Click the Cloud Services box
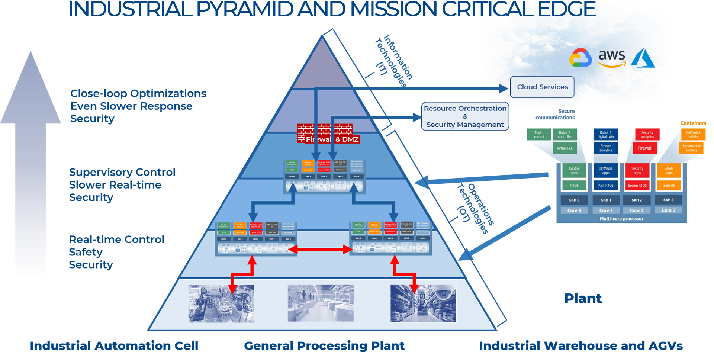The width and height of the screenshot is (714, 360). tap(542, 87)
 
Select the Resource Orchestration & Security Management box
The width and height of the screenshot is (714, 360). tap(465, 116)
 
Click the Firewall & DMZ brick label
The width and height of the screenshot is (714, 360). tap(328, 139)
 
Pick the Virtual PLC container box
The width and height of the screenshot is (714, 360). tap(565, 148)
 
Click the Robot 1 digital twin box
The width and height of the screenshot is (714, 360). tap(606, 135)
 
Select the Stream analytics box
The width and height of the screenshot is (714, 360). tap(606, 148)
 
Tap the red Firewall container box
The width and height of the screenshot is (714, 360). tap(645, 148)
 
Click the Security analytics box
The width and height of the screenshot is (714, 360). tap(647, 135)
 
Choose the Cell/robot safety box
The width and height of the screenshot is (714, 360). tap(693, 135)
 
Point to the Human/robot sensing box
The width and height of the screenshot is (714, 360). tap(691, 148)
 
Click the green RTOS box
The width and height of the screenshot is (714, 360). tap(574, 185)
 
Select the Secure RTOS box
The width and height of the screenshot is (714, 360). tap(637, 185)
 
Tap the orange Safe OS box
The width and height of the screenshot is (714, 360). tap(669, 185)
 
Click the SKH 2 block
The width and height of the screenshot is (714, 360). tap(637, 200)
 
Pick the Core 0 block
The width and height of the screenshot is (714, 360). tap(574, 210)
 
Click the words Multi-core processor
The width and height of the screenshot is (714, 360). tap(621, 219)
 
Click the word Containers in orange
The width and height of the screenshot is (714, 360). tap(693, 123)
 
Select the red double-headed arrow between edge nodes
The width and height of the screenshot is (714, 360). tap(320, 249)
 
